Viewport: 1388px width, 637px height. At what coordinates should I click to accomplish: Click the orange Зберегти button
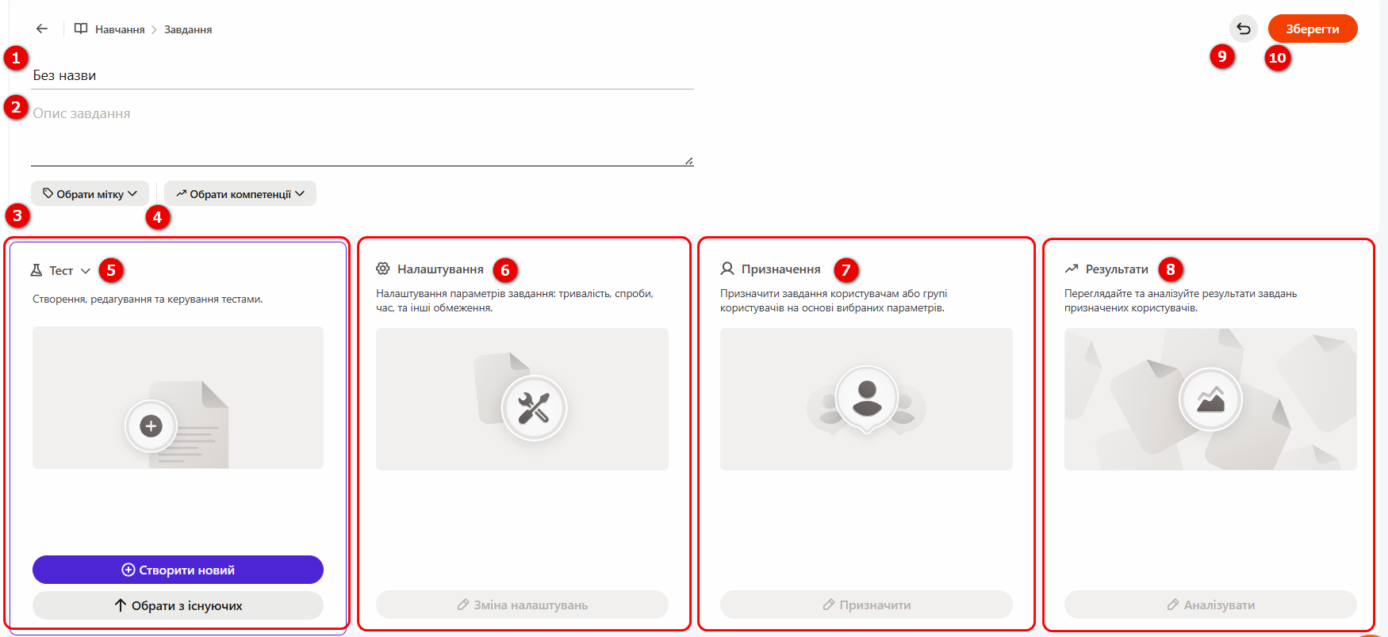[1312, 29]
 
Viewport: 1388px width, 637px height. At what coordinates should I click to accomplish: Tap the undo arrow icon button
[1243, 29]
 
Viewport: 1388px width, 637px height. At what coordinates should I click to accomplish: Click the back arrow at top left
[42, 29]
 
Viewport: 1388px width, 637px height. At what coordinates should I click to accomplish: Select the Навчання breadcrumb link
[120, 29]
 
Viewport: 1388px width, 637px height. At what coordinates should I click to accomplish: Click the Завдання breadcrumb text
[188, 29]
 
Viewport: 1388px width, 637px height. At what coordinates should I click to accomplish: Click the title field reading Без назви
[64, 75]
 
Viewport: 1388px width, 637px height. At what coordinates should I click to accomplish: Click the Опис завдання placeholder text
[82, 113]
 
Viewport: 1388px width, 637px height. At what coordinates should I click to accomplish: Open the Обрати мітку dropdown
[90, 193]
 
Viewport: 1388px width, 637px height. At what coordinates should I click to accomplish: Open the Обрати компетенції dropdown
[240, 193]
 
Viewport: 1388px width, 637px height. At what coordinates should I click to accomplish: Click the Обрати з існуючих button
[178, 605]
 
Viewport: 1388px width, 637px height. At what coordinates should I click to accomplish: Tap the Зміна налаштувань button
[522, 605]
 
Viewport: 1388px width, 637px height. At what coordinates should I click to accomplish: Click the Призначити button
[866, 605]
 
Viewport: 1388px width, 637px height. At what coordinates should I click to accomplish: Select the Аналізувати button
[1210, 605]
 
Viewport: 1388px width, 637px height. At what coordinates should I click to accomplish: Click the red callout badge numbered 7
[846, 270]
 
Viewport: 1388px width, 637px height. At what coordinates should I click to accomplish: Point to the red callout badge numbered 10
[1277, 58]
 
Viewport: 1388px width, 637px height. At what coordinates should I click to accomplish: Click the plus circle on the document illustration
[151, 426]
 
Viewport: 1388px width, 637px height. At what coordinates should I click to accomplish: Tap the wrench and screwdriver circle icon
[534, 408]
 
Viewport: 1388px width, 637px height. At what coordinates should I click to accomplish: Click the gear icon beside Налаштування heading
[383, 269]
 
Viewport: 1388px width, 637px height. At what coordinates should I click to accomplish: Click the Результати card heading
[1117, 269]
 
